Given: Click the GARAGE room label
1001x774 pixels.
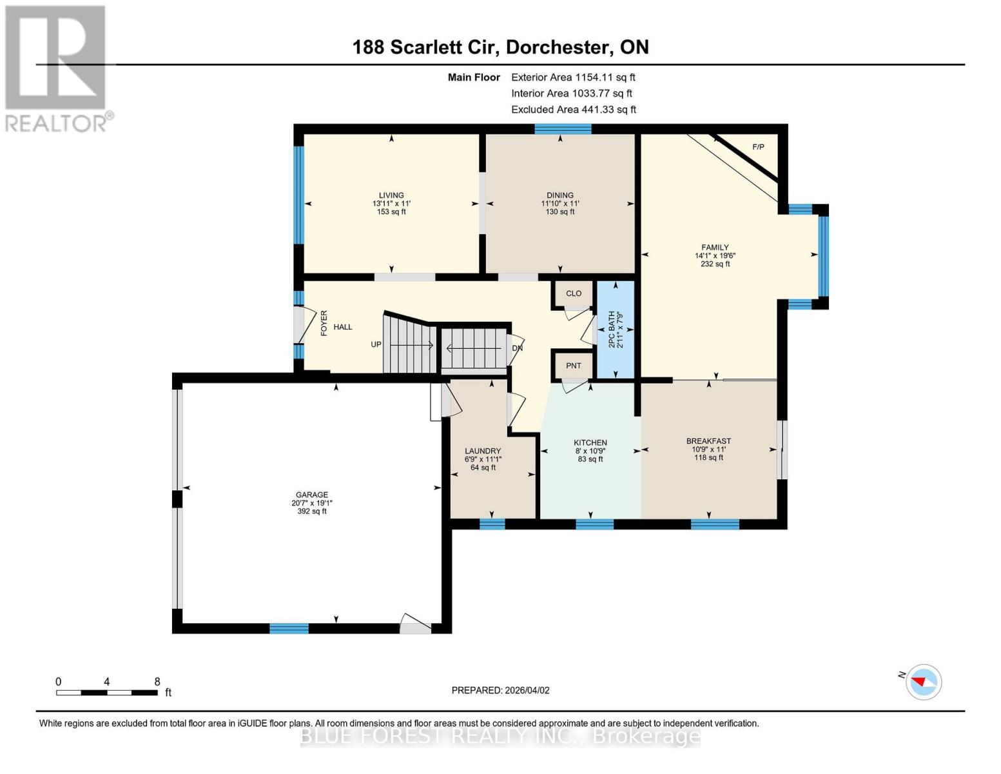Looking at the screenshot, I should (x=311, y=495).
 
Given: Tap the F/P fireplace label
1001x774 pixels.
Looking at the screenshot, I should (x=758, y=147).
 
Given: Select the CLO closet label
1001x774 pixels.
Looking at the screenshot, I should (x=573, y=293).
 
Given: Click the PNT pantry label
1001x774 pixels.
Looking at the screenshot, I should (x=573, y=366).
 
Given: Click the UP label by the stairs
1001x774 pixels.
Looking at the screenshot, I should (x=376, y=344).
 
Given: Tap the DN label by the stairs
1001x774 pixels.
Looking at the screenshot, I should (x=517, y=348).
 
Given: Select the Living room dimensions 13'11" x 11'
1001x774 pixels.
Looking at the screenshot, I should (x=391, y=203).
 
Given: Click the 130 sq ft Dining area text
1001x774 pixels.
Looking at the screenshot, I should (x=559, y=212).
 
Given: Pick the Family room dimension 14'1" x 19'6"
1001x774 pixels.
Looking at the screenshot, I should (x=715, y=255).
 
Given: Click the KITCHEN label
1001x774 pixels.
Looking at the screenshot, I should (x=590, y=442).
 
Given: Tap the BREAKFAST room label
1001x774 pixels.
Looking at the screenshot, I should (x=708, y=441).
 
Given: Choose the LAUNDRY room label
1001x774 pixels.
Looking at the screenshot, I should (x=483, y=451).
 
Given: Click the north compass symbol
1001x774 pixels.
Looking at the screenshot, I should (x=923, y=681).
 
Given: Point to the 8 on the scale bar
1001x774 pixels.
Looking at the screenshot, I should (x=157, y=682).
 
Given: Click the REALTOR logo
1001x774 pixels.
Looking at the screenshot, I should (x=57, y=68).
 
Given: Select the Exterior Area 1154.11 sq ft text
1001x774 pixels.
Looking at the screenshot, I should (x=573, y=77).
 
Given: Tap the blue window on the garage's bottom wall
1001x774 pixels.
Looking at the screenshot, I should (x=289, y=628).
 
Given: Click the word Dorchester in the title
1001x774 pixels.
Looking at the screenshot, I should (x=558, y=47).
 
